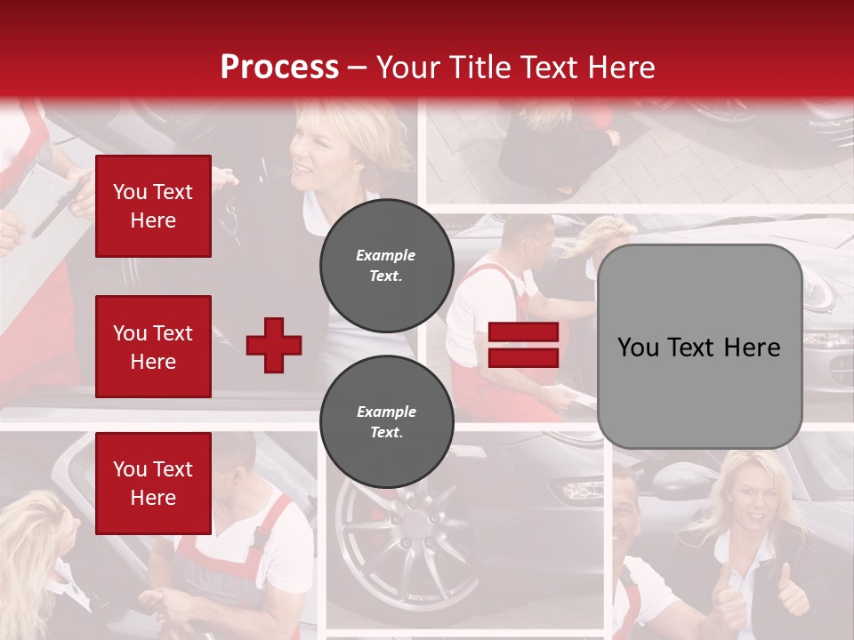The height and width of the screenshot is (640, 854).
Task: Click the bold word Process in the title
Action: (x=279, y=67)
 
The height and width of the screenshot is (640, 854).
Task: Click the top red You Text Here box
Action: (x=153, y=206)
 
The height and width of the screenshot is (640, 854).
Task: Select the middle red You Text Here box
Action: (x=153, y=347)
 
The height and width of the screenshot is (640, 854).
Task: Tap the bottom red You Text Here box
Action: (x=153, y=484)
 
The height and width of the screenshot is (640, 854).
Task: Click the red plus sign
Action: (x=274, y=345)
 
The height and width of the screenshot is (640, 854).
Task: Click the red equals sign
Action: (x=523, y=345)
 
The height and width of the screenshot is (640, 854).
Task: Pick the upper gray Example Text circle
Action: (x=386, y=265)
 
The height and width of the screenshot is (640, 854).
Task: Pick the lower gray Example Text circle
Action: (x=386, y=421)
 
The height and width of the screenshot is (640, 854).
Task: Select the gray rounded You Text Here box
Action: (x=699, y=347)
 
